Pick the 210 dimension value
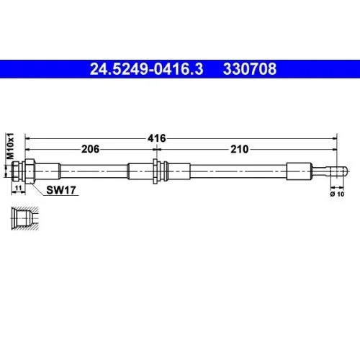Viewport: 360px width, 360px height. point(240,150)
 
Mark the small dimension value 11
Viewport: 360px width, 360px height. point(19,188)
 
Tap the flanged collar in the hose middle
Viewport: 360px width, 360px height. point(158,171)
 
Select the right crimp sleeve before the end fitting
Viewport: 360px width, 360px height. point(300,171)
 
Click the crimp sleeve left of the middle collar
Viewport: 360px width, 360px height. point(140,171)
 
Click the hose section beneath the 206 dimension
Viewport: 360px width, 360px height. point(94,171)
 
